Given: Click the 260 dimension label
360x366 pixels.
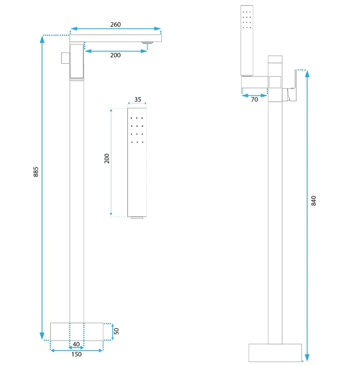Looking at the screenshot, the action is tap(115, 25).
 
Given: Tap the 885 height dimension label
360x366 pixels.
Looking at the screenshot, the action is tap(36, 172).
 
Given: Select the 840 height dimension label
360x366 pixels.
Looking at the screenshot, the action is tap(314, 201).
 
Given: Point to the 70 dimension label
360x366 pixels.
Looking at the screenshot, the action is tap(255, 100).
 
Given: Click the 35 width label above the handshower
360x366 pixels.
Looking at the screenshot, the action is tap(138, 99).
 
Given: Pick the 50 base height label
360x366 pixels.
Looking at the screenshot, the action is tap(117, 331).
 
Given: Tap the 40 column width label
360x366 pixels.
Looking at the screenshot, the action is tap(76, 344).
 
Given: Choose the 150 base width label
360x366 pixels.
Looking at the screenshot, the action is tap(77, 354).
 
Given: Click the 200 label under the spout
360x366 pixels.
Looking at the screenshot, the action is tap(115, 55).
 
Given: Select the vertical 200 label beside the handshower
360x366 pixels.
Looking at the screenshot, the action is tap(107, 158).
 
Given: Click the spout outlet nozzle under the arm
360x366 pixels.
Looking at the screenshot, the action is tap(148, 43).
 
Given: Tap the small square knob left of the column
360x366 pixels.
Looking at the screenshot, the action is tap(66, 58).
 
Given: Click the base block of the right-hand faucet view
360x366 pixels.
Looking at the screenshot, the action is tap(275, 353).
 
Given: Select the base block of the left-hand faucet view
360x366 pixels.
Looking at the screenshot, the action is tap(77, 332).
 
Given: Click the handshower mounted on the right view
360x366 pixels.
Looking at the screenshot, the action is tap(247, 41).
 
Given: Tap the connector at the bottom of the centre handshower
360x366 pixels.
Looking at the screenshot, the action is tap(137, 218).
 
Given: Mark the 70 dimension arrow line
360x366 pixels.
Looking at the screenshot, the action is tap(255, 95).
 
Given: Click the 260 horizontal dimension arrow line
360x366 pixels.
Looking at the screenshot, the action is tap(115, 29).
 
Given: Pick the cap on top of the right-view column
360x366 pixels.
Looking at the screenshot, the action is tap(275, 59).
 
